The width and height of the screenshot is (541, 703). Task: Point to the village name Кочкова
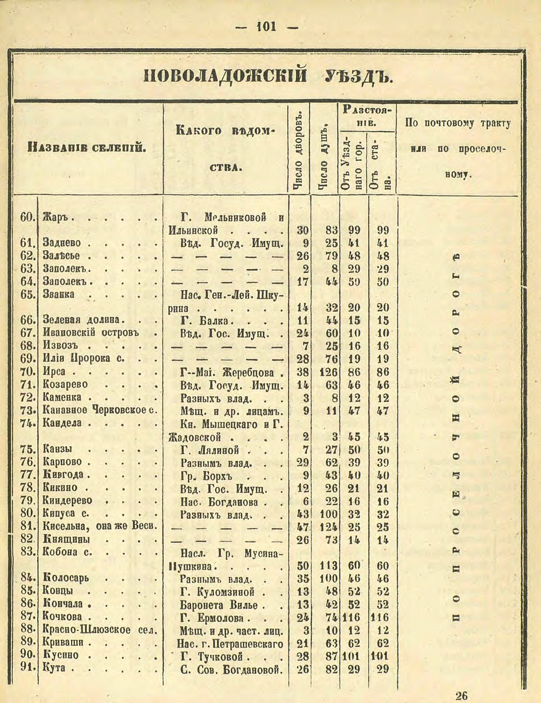[62, 617]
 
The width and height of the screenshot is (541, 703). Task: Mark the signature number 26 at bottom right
[461, 696]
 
